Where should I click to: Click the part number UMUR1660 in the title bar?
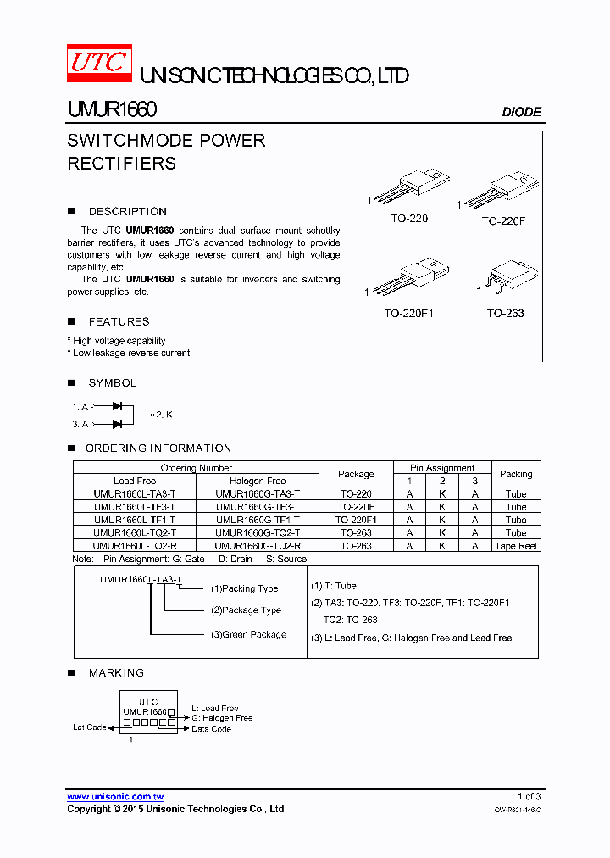pyautogui.click(x=112, y=110)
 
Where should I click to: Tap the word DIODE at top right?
pyautogui.click(x=521, y=112)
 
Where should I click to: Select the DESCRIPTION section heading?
pyautogui.click(x=127, y=212)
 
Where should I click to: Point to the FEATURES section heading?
pyautogui.click(x=119, y=322)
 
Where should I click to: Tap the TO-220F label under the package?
pyautogui.click(x=503, y=220)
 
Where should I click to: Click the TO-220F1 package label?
pyautogui.click(x=408, y=314)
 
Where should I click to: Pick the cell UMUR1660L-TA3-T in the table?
pyautogui.click(x=135, y=494)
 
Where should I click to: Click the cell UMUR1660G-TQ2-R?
pyautogui.click(x=258, y=546)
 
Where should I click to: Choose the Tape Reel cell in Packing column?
pyautogui.click(x=516, y=546)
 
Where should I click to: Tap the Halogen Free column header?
pyautogui.click(x=258, y=481)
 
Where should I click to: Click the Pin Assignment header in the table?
pyautogui.click(x=442, y=468)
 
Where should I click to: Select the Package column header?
pyautogui.click(x=356, y=474)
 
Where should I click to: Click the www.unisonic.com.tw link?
pyautogui.click(x=115, y=797)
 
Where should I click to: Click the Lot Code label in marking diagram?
pyautogui.click(x=90, y=727)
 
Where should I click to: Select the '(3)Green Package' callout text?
pyautogui.click(x=248, y=634)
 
